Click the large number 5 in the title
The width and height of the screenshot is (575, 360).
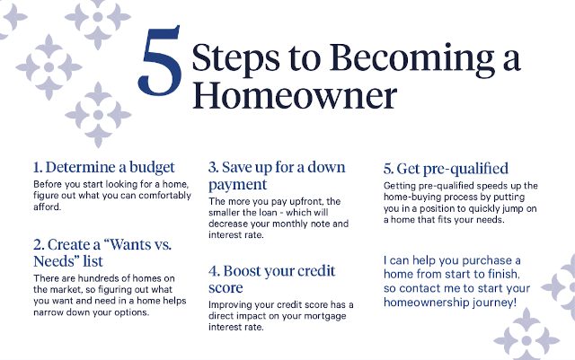161,67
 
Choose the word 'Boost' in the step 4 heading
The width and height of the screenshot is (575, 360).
248,270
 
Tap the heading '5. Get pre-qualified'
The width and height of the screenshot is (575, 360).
446,168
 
